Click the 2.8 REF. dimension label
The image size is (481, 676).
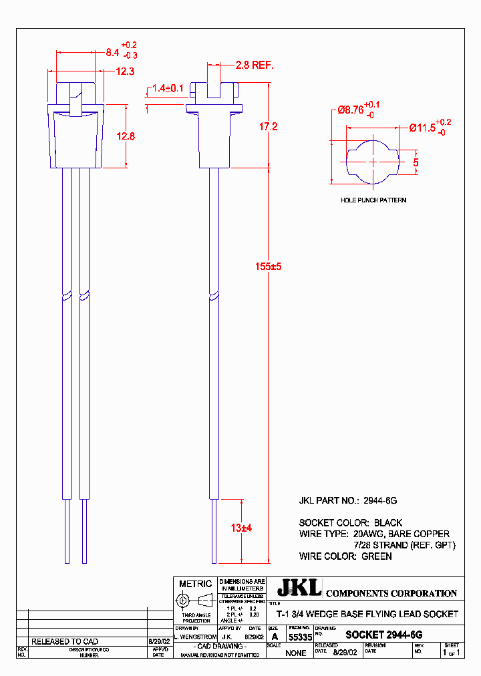(x=255, y=65)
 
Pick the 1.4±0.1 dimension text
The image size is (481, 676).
(x=168, y=88)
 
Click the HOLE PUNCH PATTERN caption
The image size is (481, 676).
(x=373, y=200)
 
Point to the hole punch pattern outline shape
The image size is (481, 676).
(x=371, y=162)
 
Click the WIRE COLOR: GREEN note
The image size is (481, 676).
(x=345, y=556)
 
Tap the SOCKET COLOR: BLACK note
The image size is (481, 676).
(x=351, y=522)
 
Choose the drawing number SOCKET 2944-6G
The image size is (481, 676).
(x=383, y=635)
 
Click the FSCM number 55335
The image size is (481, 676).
(x=300, y=638)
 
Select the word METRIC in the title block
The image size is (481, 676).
(x=195, y=584)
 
